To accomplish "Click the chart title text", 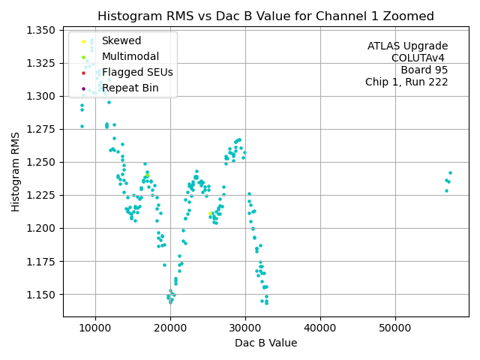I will [x=265, y=16].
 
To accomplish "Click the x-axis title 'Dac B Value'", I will [x=265, y=343].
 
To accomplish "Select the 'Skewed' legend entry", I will [x=121, y=41].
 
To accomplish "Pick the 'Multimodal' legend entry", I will [x=130, y=57].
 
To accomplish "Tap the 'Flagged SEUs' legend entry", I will [x=136, y=73].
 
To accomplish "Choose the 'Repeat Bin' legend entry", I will [x=130, y=88].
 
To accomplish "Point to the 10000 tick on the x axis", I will [x=94, y=328].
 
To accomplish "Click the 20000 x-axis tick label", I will [x=170, y=328].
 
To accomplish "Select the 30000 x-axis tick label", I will [x=245, y=328].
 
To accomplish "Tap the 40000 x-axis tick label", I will [x=320, y=328].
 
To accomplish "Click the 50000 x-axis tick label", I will [x=395, y=328].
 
